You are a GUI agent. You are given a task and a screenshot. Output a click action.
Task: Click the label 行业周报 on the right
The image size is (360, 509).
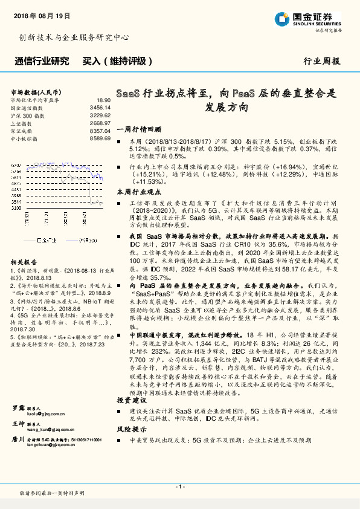coord(321,61)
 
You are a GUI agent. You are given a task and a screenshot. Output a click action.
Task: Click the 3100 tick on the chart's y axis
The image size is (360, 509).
coord(16,207)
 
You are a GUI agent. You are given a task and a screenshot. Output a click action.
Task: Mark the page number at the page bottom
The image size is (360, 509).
coord(179,485)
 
